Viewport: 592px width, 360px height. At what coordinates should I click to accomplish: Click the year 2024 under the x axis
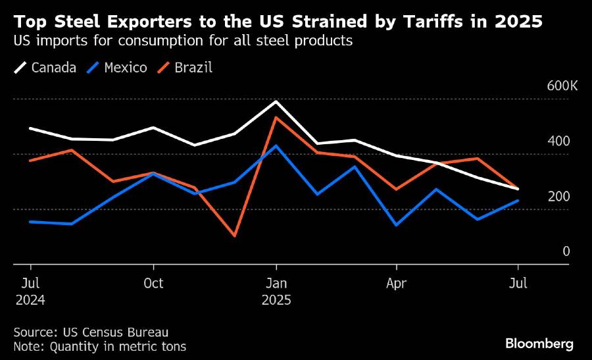[x=31, y=299]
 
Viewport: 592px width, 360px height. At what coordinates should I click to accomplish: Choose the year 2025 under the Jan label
[x=276, y=299]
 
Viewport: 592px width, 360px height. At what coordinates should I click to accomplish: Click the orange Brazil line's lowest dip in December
[x=235, y=236]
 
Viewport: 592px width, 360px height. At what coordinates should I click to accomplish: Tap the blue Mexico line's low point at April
[x=396, y=225]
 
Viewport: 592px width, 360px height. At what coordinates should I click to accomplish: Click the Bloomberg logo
[x=539, y=344]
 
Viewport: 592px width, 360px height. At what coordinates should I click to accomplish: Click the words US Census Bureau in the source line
[x=115, y=332]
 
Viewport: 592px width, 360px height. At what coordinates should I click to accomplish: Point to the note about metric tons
[x=99, y=346]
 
